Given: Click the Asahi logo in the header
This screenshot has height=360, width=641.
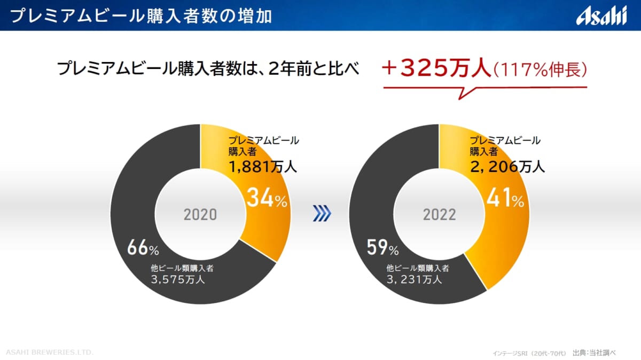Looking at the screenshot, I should click(601, 16).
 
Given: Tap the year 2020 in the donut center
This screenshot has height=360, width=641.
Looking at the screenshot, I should click(200, 215).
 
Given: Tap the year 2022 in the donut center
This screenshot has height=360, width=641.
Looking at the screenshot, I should click(440, 215).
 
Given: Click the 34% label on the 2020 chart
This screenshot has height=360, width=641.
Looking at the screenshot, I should click(267, 199).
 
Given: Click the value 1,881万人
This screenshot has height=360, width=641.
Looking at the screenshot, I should click(262, 167).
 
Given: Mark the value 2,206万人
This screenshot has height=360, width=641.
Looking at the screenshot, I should click(507, 167).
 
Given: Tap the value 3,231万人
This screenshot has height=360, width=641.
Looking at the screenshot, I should click(415, 279).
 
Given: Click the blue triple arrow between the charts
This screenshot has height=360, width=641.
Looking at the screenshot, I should click(322, 215).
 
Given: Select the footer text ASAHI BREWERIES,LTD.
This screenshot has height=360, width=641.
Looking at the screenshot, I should click(50, 353).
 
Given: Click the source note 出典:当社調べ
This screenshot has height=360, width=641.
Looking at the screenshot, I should click(594, 353).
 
